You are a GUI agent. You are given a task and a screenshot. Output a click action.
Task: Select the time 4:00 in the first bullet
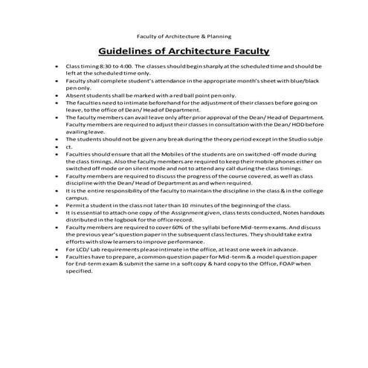[x=123, y=67]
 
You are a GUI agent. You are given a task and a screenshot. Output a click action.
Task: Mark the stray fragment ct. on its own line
[x=69, y=146]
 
